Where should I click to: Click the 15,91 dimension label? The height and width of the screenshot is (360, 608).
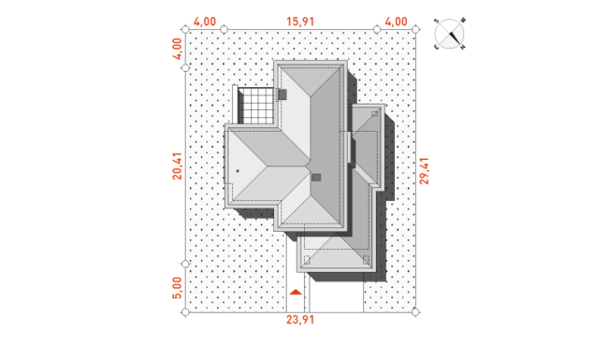click(300, 22)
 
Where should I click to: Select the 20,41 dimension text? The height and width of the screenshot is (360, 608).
click(177, 166)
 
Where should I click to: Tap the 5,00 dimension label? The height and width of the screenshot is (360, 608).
click(177, 288)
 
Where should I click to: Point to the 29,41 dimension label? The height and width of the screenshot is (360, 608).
click(425, 171)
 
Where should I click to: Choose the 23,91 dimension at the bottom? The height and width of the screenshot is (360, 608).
click(300, 320)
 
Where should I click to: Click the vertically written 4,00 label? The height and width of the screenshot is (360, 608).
click(177, 49)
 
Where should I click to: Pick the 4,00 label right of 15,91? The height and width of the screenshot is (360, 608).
click(397, 22)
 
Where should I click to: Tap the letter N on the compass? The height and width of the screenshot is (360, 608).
click(463, 48)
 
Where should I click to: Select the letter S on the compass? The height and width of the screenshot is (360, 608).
click(436, 21)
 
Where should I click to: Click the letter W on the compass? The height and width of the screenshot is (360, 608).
click(463, 21)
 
